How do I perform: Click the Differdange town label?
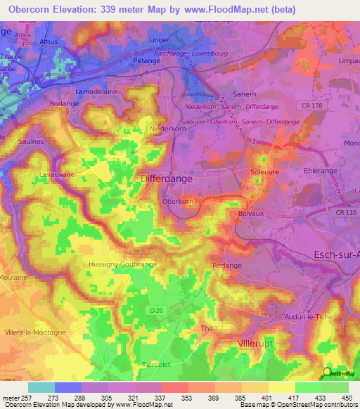pyautogui.click(x=167, y=179)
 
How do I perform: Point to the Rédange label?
pyautogui.click(x=226, y=266)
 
